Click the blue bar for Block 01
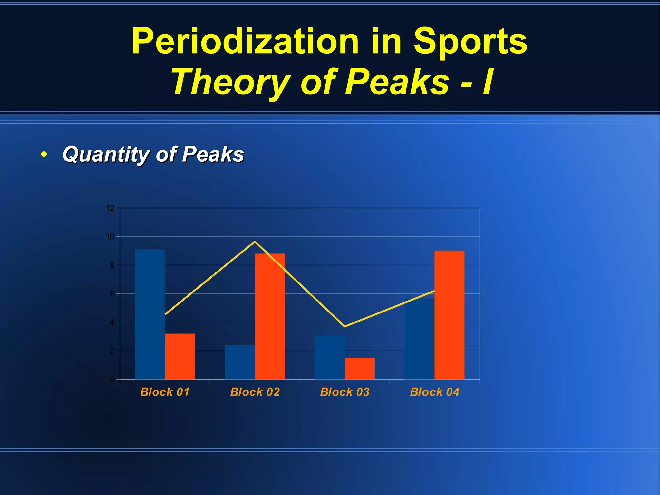[150, 314]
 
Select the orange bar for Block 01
[180, 356]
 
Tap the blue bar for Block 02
[239, 362]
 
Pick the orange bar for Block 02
[270, 316]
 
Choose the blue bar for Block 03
[329, 357]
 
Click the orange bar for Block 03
[360, 369]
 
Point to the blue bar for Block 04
[419, 339]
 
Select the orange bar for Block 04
[450, 315]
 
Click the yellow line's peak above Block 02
[255, 241]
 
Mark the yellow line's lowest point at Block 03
[345, 326]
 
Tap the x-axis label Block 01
[165, 392]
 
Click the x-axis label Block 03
[345, 392]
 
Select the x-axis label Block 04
[434, 392]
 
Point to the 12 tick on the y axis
[110, 208]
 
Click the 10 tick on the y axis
[110, 237]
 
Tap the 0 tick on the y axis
[112, 380]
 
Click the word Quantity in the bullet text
[106, 154]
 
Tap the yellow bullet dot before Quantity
[44, 154]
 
